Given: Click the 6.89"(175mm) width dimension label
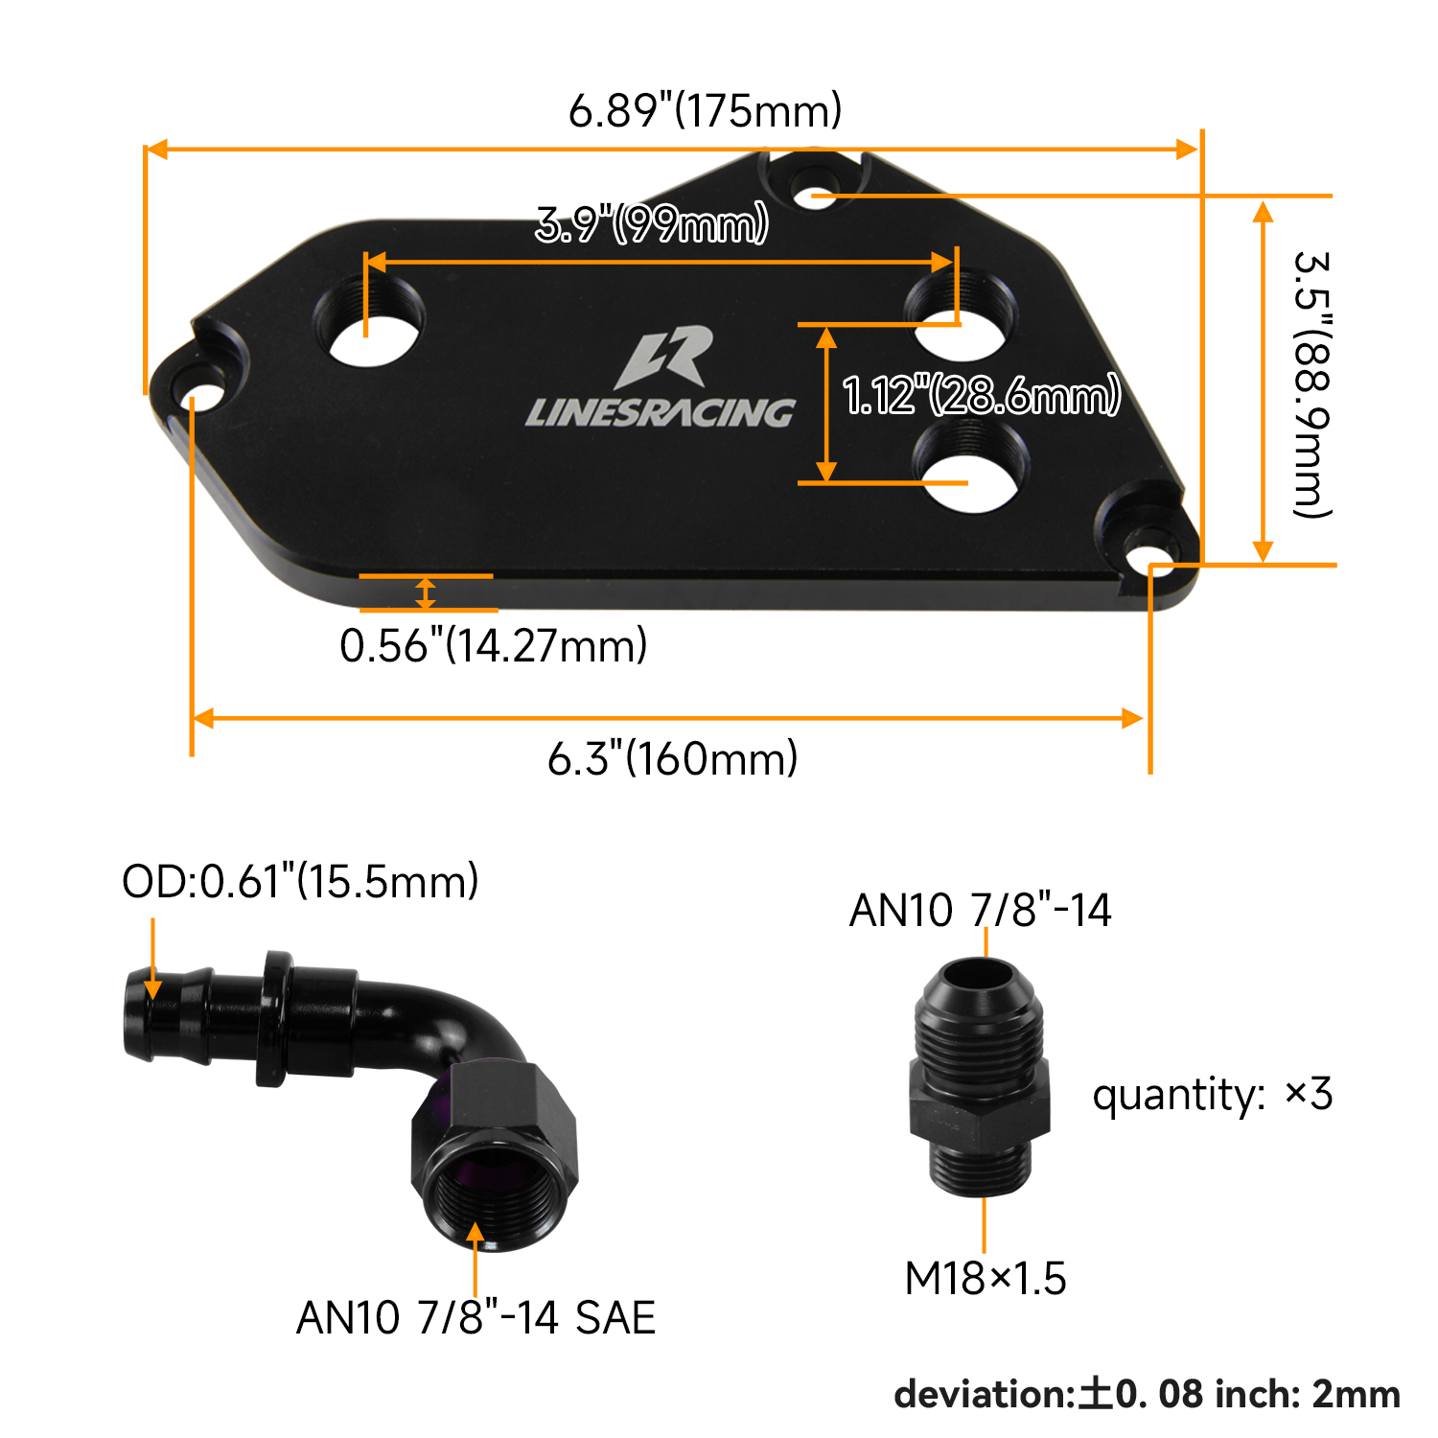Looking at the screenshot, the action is pyautogui.click(x=705, y=110).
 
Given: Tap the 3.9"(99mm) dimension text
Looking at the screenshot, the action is pyautogui.click(x=652, y=224).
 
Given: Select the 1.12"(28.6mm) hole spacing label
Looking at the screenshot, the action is pyautogui.click(x=981, y=395).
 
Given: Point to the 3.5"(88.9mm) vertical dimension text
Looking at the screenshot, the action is pyautogui.click(x=1311, y=383).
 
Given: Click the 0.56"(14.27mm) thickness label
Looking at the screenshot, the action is pyautogui.click(x=494, y=645).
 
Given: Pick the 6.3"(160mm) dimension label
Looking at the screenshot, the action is pyautogui.click(x=673, y=758).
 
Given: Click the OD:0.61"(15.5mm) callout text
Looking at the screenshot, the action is pyautogui.click(x=300, y=881).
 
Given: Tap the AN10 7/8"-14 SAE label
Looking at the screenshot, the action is pyautogui.click(x=475, y=1317).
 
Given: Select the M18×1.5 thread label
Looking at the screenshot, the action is pyautogui.click(x=986, y=1278).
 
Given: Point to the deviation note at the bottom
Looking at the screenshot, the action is pyautogui.click(x=1147, y=1394).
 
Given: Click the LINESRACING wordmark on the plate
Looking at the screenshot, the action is pyautogui.click(x=660, y=412).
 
